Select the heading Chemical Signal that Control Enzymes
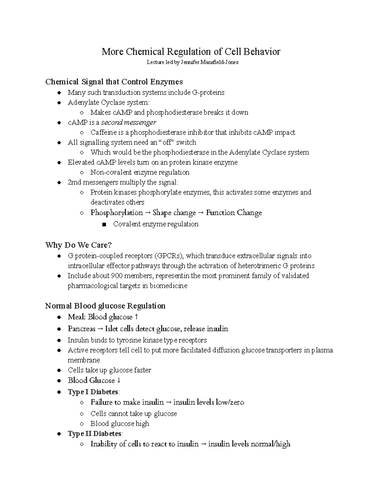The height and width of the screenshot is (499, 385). coord(114,82)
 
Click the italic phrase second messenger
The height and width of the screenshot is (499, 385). coord(129,122)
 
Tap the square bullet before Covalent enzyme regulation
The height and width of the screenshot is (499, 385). coord(104,224)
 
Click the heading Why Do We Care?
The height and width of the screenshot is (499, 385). coord(78,245)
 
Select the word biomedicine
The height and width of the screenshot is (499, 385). coord(168,286)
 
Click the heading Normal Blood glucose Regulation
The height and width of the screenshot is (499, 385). coord(105,306)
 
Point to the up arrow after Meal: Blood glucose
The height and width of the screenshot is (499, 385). coord(136,317)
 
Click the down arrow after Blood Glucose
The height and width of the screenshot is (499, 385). coord(119,380)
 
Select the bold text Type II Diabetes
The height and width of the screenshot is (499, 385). coord(95,434)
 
